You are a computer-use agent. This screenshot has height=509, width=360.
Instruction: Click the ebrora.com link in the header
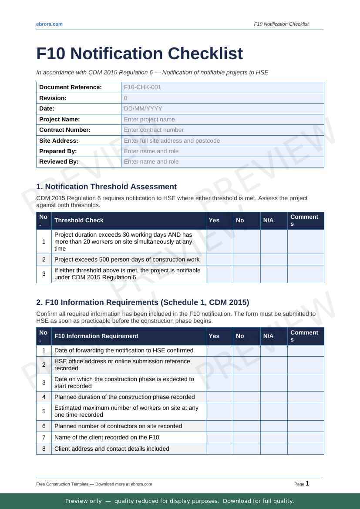pyautogui.click(x=49, y=24)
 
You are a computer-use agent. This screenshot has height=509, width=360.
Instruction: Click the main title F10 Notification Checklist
pyautogui.click(x=139, y=54)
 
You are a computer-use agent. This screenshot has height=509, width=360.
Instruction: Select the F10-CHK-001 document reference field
pyautogui.click(x=222, y=87)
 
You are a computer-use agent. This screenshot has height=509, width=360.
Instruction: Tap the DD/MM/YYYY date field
pyautogui.click(x=222, y=109)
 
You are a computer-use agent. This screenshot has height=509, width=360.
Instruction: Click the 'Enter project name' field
pyautogui.click(x=222, y=119)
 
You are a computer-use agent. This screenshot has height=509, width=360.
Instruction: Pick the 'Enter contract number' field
pyautogui.click(x=222, y=130)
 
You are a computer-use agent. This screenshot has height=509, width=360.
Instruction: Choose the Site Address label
pyautogui.click(x=59, y=141)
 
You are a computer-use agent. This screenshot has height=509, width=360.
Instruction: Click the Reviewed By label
pyautogui.click(x=59, y=161)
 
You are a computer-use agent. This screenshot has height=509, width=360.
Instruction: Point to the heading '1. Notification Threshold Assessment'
pyautogui.click(x=106, y=187)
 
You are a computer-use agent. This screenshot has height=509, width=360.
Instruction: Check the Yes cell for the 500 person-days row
pyautogui.click(x=219, y=259)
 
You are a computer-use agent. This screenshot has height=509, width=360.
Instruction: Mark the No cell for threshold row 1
pyautogui.click(x=247, y=241)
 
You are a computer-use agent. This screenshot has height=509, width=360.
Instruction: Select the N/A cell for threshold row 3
pyautogui.click(x=274, y=274)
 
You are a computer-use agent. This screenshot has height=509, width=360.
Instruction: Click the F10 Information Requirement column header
pyautogui.click(x=96, y=336)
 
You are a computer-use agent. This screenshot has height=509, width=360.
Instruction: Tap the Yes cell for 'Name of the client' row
pyautogui.click(x=219, y=437)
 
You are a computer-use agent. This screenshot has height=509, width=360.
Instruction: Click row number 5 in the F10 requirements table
pyautogui.click(x=44, y=411)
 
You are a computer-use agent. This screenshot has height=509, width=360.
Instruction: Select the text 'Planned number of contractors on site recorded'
pyautogui.click(x=118, y=426)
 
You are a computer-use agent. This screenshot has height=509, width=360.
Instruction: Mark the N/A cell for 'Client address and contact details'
pyautogui.click(x=274, y=449)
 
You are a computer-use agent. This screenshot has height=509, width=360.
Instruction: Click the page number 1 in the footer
pyautogui.click(x=307, y=483)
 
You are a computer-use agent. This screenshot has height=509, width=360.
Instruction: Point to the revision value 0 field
pyautogui.click(x=222, y=98)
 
